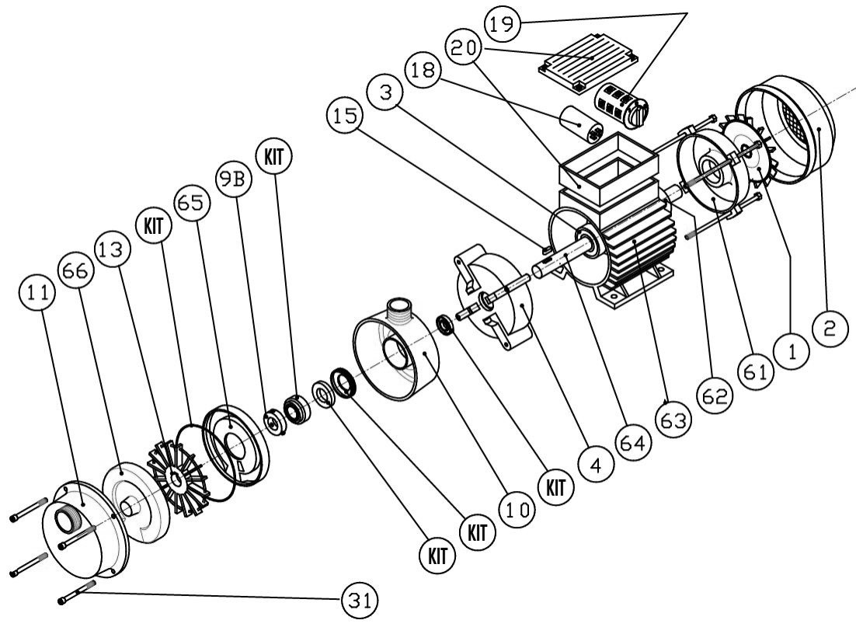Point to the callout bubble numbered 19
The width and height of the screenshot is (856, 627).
(x=503, y=25)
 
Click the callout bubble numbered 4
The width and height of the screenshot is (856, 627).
(x=597, y=467)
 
